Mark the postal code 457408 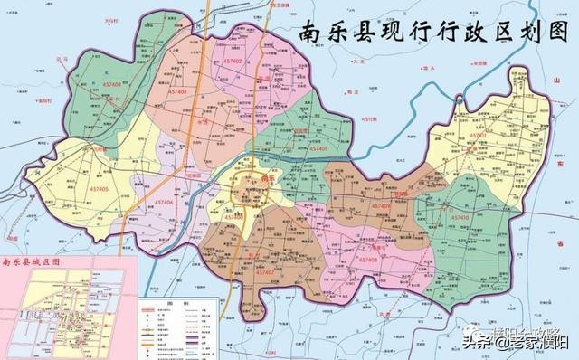(x=365, y=260)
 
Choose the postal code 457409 (x=380, y=206)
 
